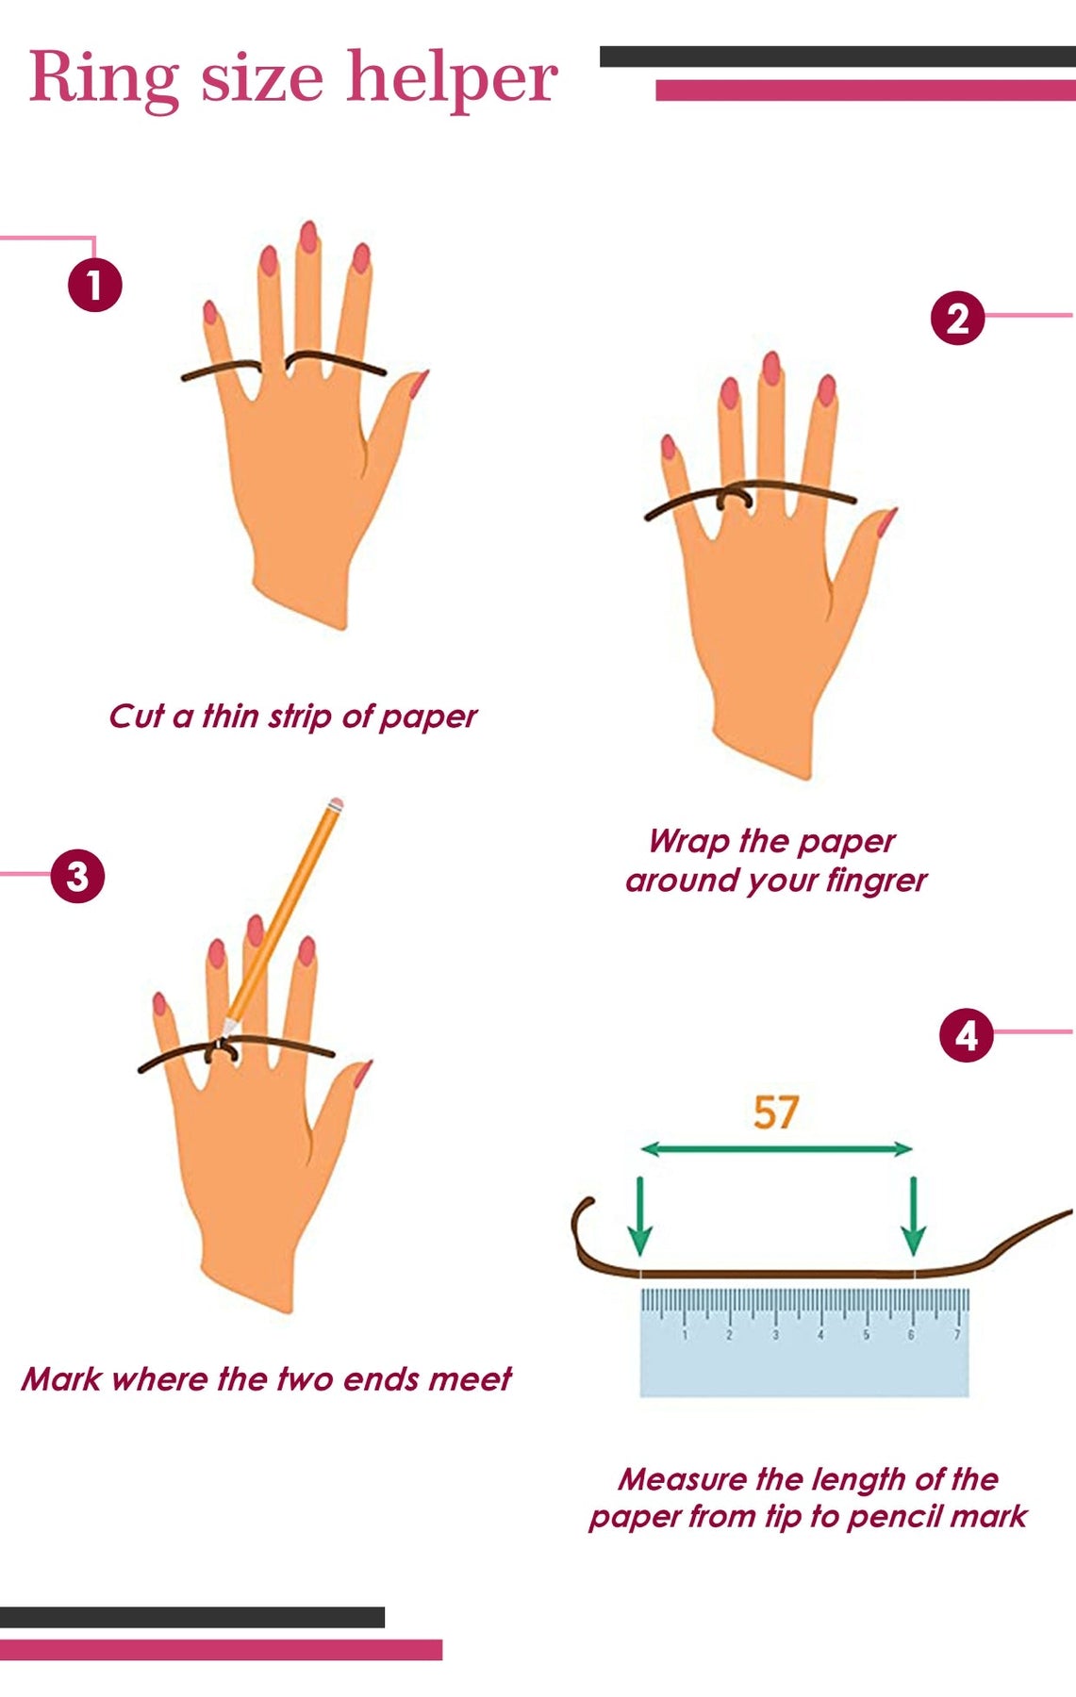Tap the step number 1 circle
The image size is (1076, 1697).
pyautogui.click(x=94, y=285)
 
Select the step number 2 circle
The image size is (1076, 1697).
pyautogui.click(x=957, y=318)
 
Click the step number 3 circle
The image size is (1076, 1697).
pyautogui.click(x=77, y=876)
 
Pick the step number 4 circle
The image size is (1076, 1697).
pyautogui.click(x=967, y=1036)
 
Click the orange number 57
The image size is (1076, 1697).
pyautogui.click(x=776, y=1112)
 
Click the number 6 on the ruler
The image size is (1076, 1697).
pyautogui.click(x=911, y=1335)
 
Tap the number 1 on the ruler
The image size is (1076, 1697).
pyautogui.click(x=685, y=1335)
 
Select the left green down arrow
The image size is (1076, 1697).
pyautogui.click(x=640, y=1216)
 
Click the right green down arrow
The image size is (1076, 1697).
pyautogui.click(x=913, y=1216)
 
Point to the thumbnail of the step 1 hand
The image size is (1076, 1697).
pyautogui.click(x=418, y=383)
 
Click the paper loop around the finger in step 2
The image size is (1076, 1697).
pyautogui.click(x=735, y=500)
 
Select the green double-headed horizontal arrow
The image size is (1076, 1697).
pyautogui.click(x=776, y=1148)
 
